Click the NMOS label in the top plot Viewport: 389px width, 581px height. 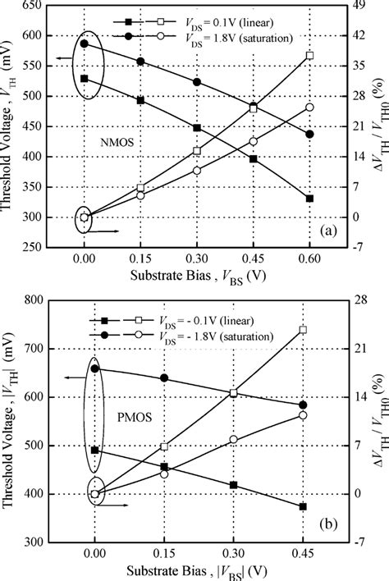pyautogui.click(x=118, y=141)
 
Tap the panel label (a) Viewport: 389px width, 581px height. pyautogui.click(x=327, y=231)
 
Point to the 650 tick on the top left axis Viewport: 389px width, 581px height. pyautogui.click(x=33, y=5)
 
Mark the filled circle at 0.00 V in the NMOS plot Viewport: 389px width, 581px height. pyautogui.click(x=84, y=43)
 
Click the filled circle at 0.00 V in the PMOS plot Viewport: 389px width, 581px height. pyautogui.click(x=95, y=368)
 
